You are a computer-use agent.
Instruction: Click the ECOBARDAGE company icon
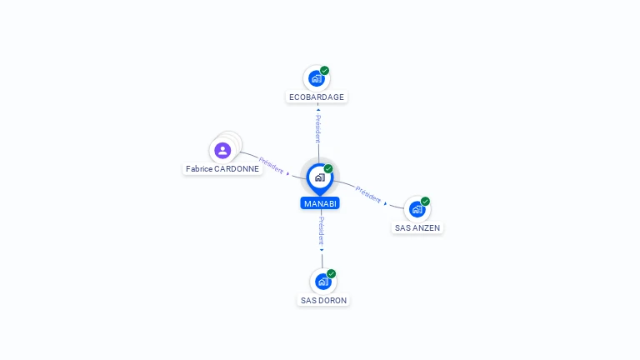coord(317,78)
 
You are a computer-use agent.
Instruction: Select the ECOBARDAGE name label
coord(317,97)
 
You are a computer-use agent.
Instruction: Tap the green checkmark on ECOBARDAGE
coord(324,71)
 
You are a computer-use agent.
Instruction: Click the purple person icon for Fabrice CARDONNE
coord(222,151)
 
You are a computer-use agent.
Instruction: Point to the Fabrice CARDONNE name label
coord(222,169)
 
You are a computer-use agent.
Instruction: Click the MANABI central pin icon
coord(320,179)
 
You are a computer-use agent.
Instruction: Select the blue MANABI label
coord(320,203)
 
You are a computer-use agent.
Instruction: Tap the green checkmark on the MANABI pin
coord(328,168)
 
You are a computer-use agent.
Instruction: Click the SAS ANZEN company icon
coord(417,209)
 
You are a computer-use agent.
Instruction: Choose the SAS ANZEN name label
coord(417,228)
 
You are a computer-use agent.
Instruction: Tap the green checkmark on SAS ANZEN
coord(425,201)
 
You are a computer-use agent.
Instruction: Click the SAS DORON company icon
coord(322,282)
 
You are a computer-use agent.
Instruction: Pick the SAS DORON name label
coord(323,300)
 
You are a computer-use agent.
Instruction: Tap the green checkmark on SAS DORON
coord(331,273)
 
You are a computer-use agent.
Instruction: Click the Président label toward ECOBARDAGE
coord(318,128)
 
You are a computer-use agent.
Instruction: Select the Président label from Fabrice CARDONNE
coord(271,165)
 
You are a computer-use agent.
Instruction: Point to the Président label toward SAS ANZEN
coord(368,195)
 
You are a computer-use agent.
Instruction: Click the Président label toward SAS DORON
coord(322,231)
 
